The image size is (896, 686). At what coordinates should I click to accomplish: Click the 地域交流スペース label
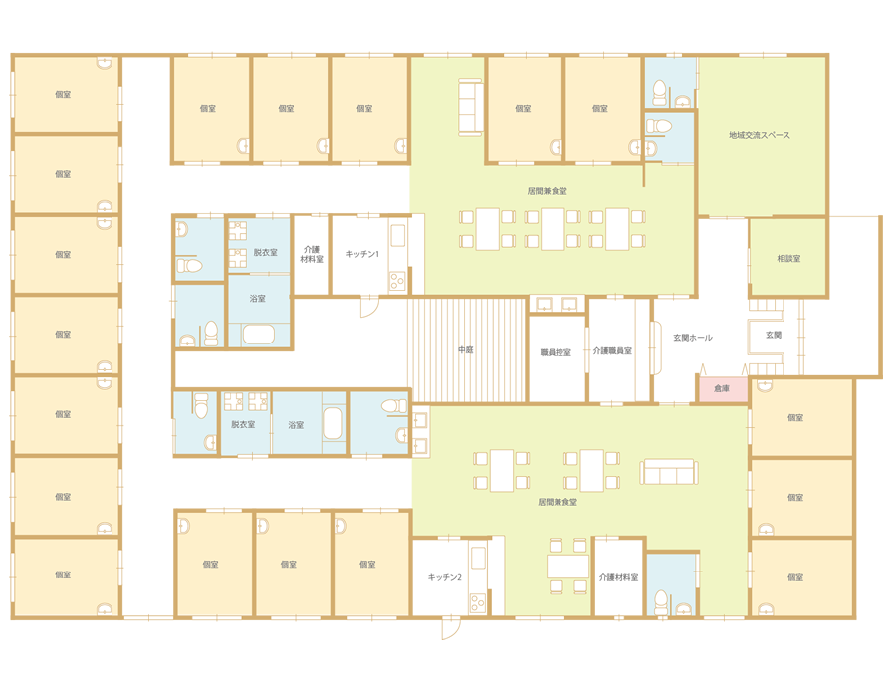[x=759, y=136]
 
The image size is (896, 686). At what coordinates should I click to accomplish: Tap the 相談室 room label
[x=788, y=259]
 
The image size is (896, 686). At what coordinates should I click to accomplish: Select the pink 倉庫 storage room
[x=723, y=388]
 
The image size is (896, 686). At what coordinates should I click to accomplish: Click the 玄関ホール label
[x=693, y=338]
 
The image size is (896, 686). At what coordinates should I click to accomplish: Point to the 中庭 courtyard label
[x=466, y=349]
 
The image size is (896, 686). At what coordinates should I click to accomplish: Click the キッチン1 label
[x=362, y=254]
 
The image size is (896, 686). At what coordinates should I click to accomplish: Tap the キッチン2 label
[x=445, y=577]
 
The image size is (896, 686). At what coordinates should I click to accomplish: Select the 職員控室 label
[x=556, y=352]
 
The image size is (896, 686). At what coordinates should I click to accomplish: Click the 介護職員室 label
[x=612, y=350]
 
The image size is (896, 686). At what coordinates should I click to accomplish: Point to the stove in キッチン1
[x=397, y=282]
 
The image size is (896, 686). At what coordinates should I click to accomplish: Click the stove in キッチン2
[x=478, y=603]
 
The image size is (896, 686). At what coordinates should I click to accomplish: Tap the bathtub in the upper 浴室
[x=259, y=334]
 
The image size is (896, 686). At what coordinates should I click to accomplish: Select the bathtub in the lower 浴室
[x=334, y=423]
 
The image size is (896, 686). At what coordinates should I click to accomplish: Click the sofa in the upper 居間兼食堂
[x=470, y=107]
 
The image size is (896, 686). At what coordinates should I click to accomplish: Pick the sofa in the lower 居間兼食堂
[x=669, y=472]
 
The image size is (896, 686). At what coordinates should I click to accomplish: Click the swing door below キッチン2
[x=450, y=627]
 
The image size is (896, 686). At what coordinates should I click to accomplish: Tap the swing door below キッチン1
[x=369, y=306]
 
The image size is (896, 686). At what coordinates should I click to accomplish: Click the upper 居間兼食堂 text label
[x=548, y=191]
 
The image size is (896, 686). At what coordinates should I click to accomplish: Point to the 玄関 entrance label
[x=774, y=335]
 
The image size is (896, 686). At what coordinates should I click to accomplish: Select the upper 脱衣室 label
[x=265, y=252]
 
